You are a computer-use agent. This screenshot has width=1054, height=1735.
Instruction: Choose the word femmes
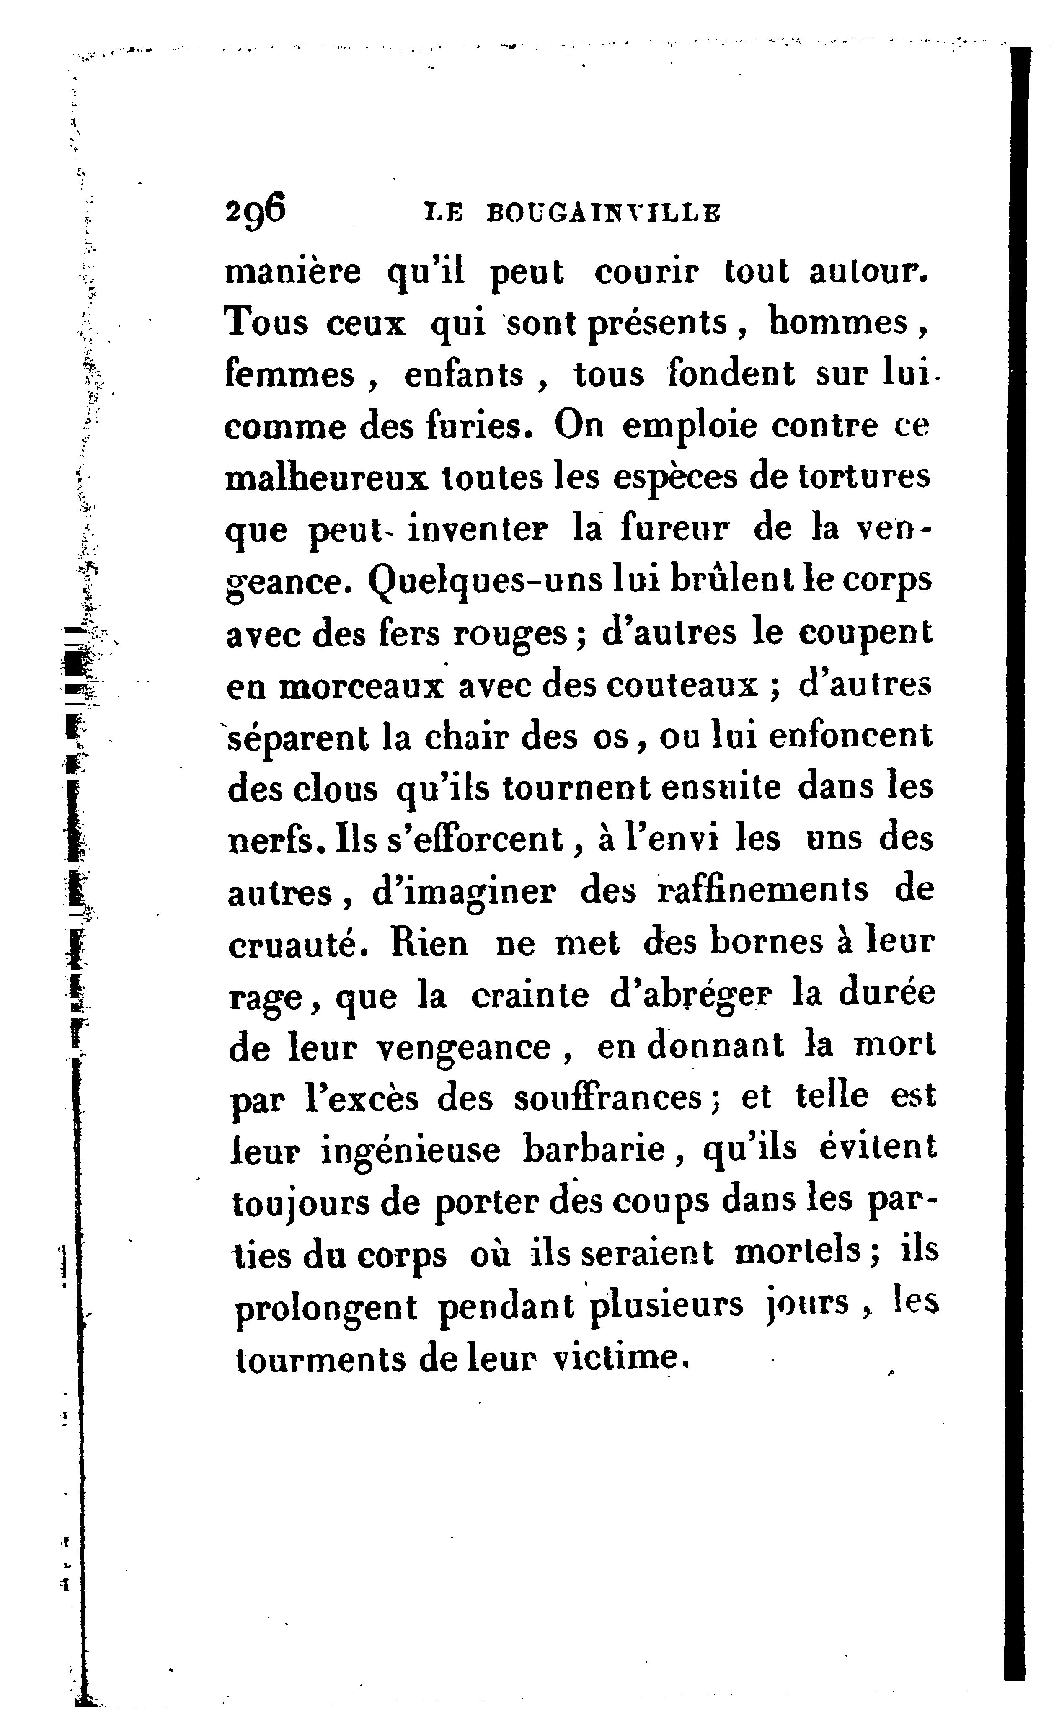click(289, 374)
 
